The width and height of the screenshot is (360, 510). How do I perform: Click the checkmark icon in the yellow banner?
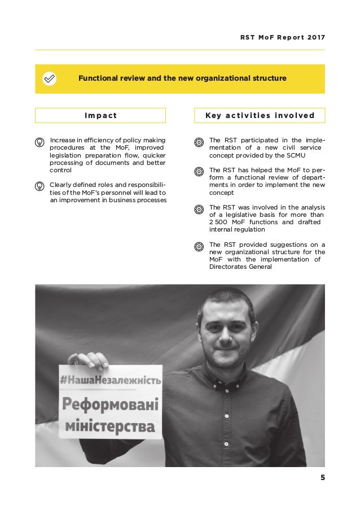pos(50,79)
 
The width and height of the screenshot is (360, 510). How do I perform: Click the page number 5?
pos(322,478)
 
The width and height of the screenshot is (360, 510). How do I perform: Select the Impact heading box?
pos(100,116)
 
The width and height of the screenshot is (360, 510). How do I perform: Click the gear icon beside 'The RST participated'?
pos(199,141)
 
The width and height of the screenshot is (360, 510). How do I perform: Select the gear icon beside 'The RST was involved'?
pos(199,209)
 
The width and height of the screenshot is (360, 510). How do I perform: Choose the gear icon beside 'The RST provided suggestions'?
pos(199,246)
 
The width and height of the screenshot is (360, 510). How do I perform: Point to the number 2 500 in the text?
pos(218,222)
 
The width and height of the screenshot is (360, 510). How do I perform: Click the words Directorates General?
pos(240,267)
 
